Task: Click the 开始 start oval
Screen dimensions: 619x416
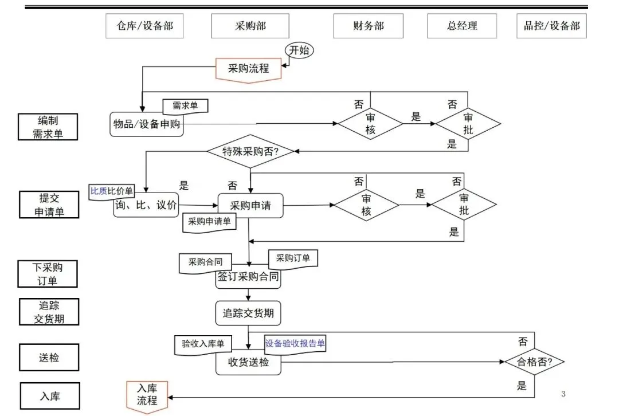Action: click(299, 50)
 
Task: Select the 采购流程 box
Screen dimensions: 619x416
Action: click(248, 70)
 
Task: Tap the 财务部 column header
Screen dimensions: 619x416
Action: click(369, 26)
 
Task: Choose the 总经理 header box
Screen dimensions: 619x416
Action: click(462, 26)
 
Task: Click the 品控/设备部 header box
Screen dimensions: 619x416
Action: click(551, 26)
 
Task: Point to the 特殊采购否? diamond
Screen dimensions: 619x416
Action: click(250, 151)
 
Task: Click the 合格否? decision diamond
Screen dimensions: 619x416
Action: click(535, 362)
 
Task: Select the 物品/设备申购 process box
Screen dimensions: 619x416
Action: click(147, 124)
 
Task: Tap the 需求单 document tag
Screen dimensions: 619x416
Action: click(185, 106)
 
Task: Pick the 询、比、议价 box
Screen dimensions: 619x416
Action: click(146, 205)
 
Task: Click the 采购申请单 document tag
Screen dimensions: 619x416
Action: click(209, 222)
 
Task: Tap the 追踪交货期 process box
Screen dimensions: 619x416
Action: click(248, 313)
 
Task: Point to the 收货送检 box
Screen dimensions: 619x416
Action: click(248, 362)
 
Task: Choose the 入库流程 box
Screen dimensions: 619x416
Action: click(147, 397)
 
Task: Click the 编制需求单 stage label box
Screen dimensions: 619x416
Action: click(48, 127)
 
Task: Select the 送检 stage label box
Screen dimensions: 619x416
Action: click(49, 358)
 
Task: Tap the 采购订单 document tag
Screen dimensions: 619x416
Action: click(293, 259)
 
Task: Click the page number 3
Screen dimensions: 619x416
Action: click(563, 394)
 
